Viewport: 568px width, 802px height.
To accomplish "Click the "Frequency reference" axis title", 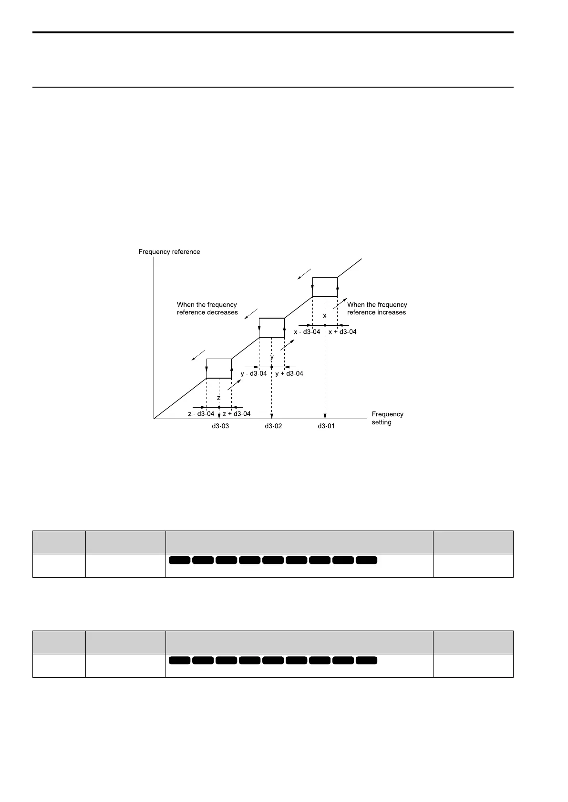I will tap(169, 252).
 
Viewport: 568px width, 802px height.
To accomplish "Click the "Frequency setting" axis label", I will tap(387, 418).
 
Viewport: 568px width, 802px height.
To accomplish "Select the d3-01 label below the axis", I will tap(326, 426).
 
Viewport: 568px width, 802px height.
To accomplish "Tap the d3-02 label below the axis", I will tap(273, 426).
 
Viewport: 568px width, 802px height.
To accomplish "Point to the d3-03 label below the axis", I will tap(220, 426).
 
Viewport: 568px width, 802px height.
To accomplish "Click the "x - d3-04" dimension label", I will tap(307, 332).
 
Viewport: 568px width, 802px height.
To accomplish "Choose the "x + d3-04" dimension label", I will tap(342, 332).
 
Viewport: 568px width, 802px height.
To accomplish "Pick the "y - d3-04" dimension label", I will tap(253, 374).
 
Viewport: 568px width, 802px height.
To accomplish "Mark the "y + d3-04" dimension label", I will tap(289, 374).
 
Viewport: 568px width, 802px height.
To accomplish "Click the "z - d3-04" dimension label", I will tap(201, 414).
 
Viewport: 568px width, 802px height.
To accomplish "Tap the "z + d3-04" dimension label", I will tap(237, 414).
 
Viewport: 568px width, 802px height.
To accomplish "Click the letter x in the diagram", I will tap(325, 316).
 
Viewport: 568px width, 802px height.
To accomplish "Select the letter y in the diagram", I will tap(272, 357).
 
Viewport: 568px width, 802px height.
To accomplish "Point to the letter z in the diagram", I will tap(219, 398).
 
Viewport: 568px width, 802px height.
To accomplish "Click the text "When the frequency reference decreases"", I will tap(207, 309).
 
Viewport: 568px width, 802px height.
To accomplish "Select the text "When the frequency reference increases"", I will tap(377, 309).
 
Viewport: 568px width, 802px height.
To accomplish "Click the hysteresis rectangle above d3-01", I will tap(325, 287).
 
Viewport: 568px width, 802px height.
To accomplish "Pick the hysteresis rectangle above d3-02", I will tap(271, 328).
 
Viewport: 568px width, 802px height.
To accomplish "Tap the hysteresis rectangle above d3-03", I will tap(219, 368).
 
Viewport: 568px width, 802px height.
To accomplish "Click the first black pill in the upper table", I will tap(179, 560).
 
